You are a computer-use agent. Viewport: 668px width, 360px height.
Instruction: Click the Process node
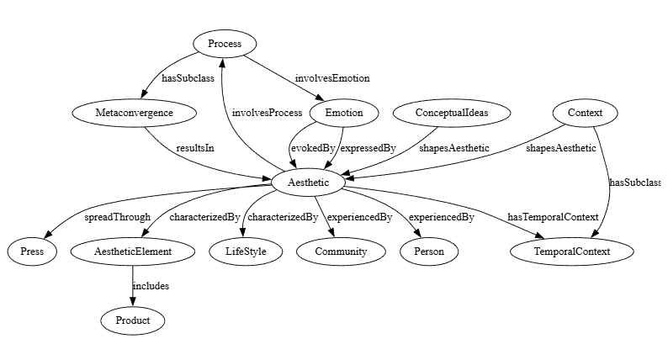(x=224, y=44)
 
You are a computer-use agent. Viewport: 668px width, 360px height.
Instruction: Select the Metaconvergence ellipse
(x=135, y=113)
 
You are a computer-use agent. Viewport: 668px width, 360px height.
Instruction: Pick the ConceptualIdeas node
(x=452, y=113)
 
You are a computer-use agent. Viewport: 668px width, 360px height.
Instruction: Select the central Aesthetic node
(x=308, y=182)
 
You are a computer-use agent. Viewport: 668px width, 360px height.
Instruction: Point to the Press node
(x=32, y=251)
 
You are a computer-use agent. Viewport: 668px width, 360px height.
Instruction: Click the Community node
(x=341, y=251)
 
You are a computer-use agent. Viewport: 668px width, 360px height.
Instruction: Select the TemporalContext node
(x=571, y=251)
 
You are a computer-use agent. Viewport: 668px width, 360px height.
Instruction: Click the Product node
(x=133, y=320)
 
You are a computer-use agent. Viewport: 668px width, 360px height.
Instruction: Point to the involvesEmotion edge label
(x=332, y=78)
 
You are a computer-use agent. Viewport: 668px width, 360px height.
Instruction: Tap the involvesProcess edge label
(x=267, y=113)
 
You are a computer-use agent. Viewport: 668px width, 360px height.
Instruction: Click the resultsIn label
(x=194, y=148)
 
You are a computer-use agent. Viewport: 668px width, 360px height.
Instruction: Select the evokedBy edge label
(x=313, y=148)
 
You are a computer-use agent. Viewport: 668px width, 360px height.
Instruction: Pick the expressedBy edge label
(x=368, y=148)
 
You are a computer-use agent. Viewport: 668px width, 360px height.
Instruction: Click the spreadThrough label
(x=117, y=217)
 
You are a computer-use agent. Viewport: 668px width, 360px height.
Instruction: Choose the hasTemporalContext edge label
(x=553, y=217)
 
